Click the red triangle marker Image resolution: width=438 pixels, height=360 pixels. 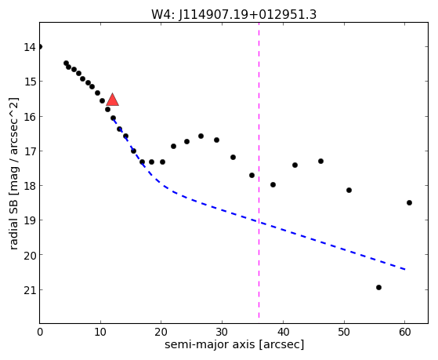coord(112,100)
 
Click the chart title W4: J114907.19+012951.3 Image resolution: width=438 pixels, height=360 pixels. coord(233,14)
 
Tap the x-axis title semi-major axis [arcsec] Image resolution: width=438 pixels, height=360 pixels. coord(234,344)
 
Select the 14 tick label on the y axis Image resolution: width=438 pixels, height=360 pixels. coord(30,47)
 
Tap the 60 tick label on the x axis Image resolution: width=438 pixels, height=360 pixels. coord(405,332)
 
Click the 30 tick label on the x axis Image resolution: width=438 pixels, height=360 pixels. coord(222,332)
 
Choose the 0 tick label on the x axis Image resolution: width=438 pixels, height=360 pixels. coord(40,332)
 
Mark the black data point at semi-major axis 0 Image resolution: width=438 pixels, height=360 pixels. coord(40,47)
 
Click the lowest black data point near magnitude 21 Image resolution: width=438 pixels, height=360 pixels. coord(378,287)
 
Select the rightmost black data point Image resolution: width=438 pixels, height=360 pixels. coord(409,203)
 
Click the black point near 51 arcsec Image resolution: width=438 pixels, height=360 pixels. coord(349,191)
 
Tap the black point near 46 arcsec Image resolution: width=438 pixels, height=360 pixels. coord(320,161)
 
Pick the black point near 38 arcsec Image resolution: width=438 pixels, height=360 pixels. coord(273,184)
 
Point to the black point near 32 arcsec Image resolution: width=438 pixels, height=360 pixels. coord(233,157)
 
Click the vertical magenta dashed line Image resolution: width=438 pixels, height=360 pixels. coord(259,170)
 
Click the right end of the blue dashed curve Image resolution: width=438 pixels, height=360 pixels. coord(405,270)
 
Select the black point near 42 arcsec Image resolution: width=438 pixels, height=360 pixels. coord(295,165)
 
